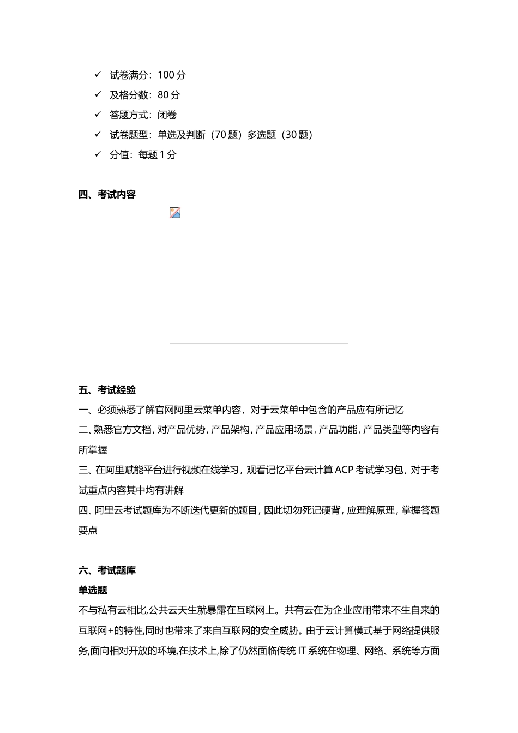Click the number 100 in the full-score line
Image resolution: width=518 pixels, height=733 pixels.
pyautogui.click(x=166, y=75)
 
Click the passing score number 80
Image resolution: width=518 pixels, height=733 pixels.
pyautogui.click(x=162, y=95)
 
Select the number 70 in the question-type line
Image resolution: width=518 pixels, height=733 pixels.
pyautogui.click(x=219, y=135)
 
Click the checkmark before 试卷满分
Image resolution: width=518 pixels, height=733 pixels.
pyautogui.click(x=98, y=75)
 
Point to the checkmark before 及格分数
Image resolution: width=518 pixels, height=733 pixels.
pyautogui.click(x=98, y=94)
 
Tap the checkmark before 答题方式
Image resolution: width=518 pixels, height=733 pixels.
pyautogui.click(x=98, y=115)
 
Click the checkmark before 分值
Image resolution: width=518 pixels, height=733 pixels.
pyautogui.click(x=98, y=154)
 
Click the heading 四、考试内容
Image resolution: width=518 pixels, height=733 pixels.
pyautogui.click(x=107, y=195)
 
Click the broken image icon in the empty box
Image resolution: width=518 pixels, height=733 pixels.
pyautogui.click(x=175, y=213)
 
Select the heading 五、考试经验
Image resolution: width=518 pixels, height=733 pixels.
pyautogui.click(x=107, y=390)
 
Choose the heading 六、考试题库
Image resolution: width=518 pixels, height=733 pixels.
pyautogui.click(x=107, y=570)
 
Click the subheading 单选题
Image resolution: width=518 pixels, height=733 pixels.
pyautogui.click(x=93, y=590)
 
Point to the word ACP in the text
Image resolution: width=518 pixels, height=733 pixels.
pyautogui.click(x=344, y=470)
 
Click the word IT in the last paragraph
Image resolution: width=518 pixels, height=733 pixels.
pyautogui.click(x=302, y=651)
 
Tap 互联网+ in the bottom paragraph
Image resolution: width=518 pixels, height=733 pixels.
pyautogui.click(x=95, y=630)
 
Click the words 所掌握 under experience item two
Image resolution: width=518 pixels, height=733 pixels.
pyautogui.click(x=93, y=450)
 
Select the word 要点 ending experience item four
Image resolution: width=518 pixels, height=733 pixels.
pyautogui.click(x=88, y=530)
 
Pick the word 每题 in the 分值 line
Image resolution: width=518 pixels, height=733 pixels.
pyautogui.click(x=148, y=155)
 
